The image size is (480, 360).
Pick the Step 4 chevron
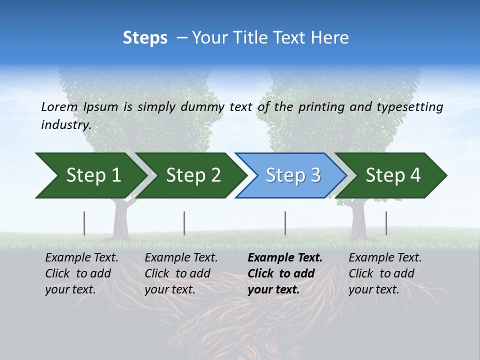click(392, 175)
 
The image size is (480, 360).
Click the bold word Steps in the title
click(145, 38)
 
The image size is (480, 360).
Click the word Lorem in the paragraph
click(59, 107)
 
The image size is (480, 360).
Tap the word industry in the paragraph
click(65, 124)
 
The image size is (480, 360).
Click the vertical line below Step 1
click(84, 223)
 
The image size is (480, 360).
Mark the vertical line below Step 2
click(184, 223)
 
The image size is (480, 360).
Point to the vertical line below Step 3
click(285, 223)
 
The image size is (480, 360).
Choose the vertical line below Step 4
click(386, 223)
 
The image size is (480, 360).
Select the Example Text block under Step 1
click(81, 273)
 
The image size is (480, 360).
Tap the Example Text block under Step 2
click(180, 273)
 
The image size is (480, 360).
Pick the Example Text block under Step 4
click(384, 273)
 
